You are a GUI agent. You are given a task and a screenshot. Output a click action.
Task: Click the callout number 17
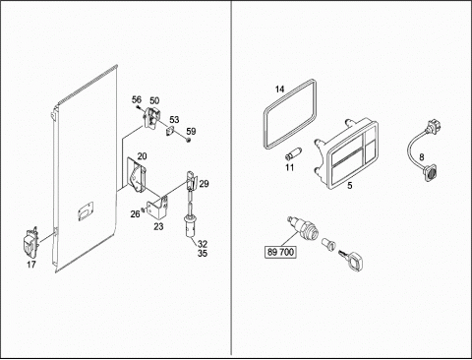[31, 265]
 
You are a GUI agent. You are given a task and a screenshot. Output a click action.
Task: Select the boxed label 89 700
[281, 252]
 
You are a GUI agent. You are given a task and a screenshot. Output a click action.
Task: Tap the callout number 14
[279, 89]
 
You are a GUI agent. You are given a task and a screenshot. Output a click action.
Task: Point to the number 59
[191, 131]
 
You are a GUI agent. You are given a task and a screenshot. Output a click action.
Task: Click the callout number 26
[135, 214]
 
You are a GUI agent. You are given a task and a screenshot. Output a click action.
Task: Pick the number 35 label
[203, 253]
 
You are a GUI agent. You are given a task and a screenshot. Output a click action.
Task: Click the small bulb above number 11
[291, 153]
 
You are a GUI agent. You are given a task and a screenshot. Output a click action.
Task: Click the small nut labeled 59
[189, 141]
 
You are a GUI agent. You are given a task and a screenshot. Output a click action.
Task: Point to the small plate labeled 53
[170, 130]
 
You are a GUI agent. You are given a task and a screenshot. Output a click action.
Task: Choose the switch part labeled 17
[31, 243]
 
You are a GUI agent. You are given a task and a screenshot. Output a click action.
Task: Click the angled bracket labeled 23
[158, 207]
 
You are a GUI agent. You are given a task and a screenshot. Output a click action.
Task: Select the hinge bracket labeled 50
[151, 118]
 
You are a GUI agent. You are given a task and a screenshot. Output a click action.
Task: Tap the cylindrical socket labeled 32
[189, 226]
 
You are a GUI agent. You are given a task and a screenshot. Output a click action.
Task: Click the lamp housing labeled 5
[347, 154]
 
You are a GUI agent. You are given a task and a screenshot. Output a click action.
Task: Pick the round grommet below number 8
[430, 172]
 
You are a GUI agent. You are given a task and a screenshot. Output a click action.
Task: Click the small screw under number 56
[139, 106]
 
